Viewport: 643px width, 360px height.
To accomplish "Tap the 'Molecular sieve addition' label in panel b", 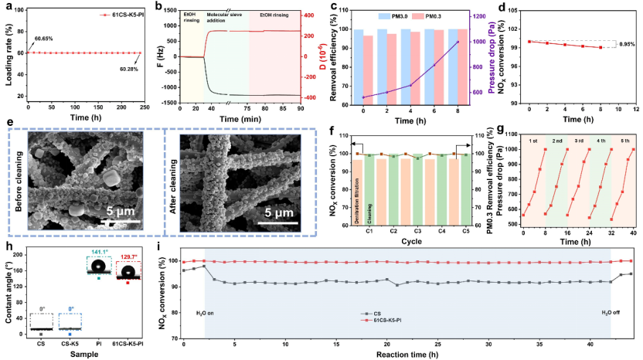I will pyautogui.click(x=227, y=19).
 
